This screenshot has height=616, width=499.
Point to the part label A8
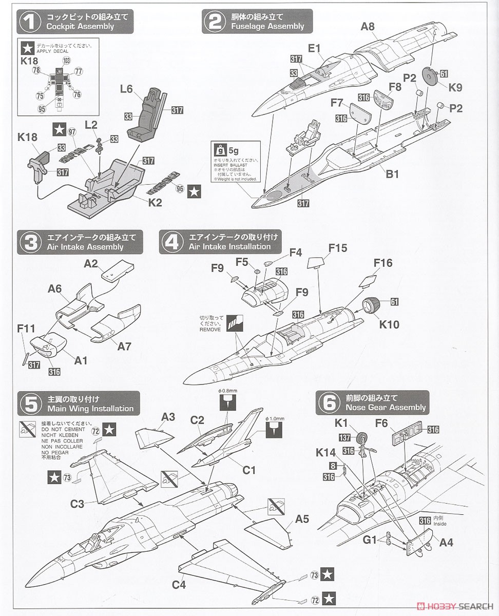[368, 27]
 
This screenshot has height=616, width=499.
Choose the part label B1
[392, 174]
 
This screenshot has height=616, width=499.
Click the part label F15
[338, 248]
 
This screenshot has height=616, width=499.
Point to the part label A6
[55, 289]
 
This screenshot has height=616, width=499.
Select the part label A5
[302, 519]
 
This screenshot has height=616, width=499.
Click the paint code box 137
[345, 437]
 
